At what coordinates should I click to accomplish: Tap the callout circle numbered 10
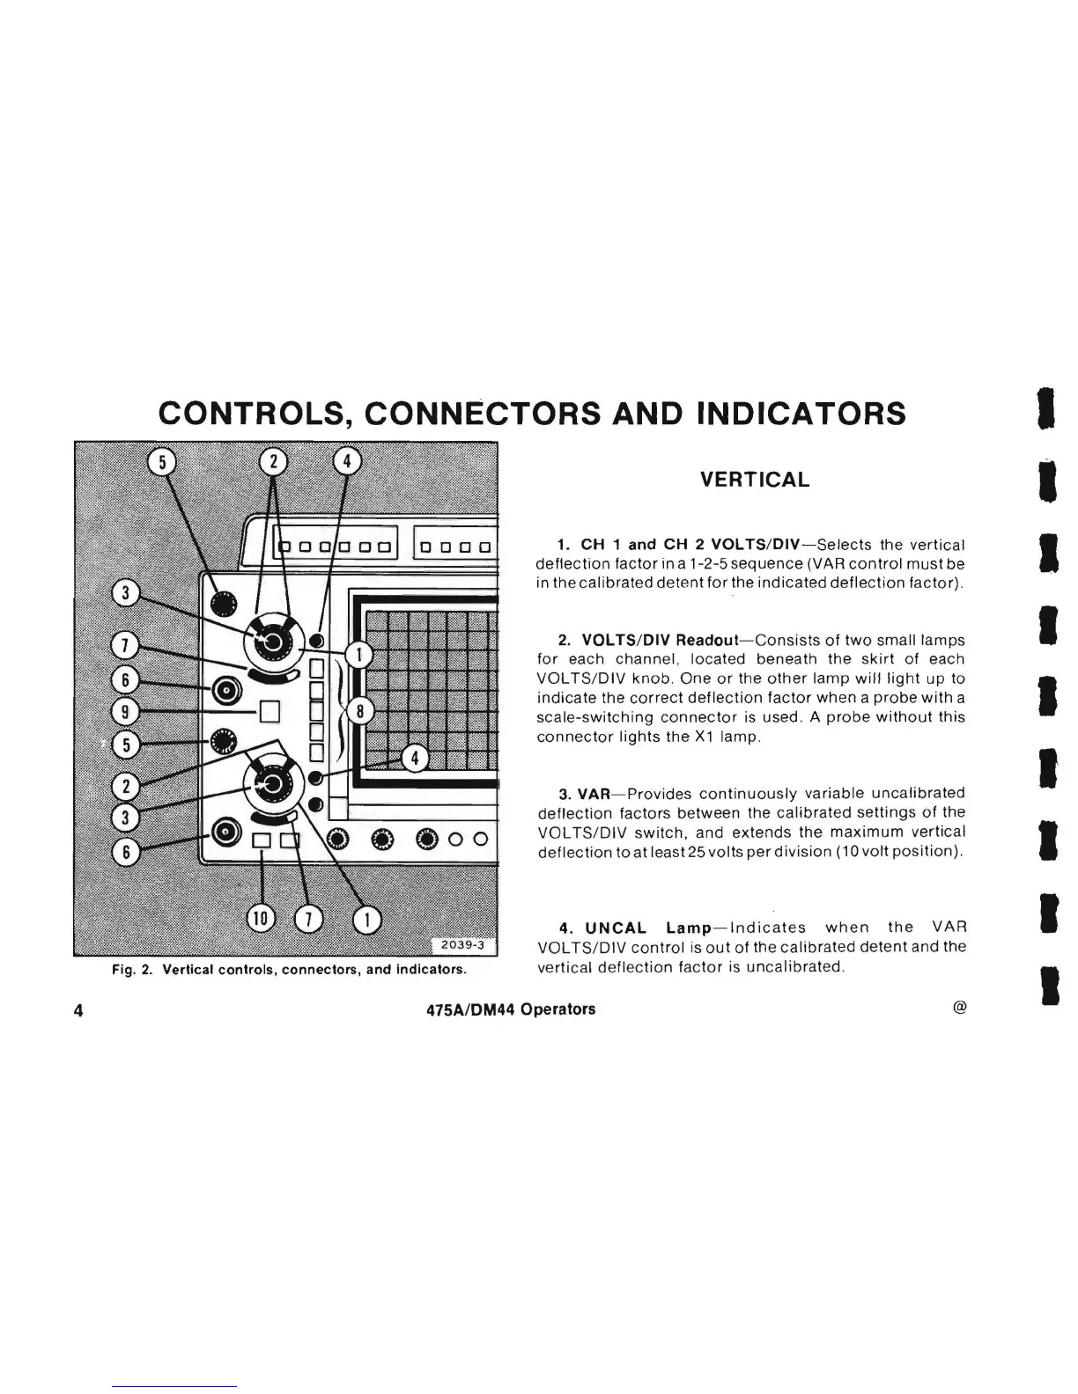click(x=262, y=920)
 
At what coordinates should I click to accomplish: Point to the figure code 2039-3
click(x=463, y=945)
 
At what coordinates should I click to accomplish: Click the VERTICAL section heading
click(x=754, y=480)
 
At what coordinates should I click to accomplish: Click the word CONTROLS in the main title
click(x=251, y=413)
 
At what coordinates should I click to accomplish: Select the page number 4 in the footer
click(x=79, y=1010)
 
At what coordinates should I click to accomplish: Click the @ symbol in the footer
click(x=960, y=1009)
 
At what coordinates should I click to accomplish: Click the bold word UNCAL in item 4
click(x=616, y=928)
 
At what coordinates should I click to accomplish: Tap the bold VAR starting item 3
click(x=594, y=793)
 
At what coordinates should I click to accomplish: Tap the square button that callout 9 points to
click(x=269, y=709)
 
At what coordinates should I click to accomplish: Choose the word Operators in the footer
click(x=557, y=1009)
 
